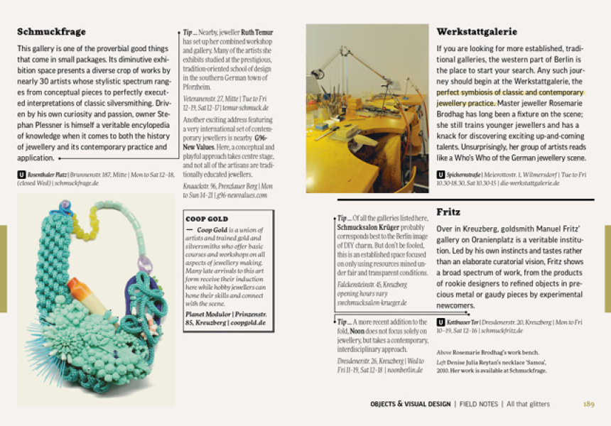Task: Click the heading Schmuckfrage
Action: click(x=51, y=32)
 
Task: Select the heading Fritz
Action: click(x=448, y=212)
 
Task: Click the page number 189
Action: click(x=588, y=404)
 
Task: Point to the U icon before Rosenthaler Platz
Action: click(x=21, y=174)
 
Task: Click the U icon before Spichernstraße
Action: click(x=441, y=174)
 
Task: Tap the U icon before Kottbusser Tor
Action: click(x=441, y=322)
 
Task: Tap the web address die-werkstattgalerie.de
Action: click(x=529, y=182)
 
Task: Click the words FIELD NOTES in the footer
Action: click(x=479, y=404)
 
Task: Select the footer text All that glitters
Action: click(x=528, y=404)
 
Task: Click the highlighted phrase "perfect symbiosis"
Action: click(x=466, y=92)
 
